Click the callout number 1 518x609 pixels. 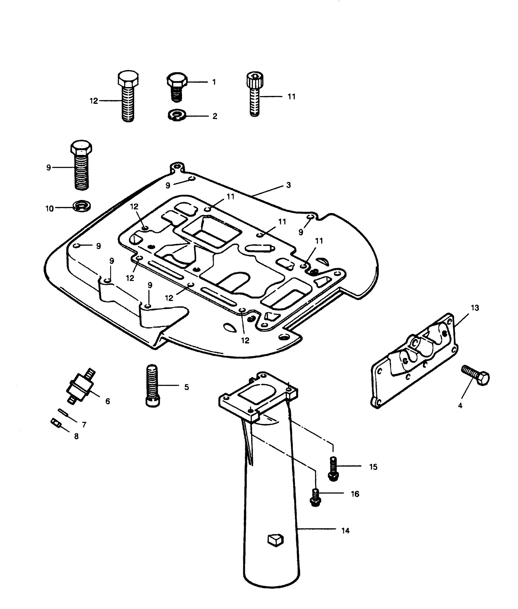point(214,82)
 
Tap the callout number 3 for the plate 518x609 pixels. point(288,185)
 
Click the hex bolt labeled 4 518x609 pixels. point(475,375)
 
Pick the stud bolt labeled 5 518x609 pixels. point(153,385)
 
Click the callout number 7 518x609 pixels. point(84,425)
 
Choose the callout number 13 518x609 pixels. point(475,308)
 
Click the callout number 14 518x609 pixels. point(345,531)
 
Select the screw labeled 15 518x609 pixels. point(333,469)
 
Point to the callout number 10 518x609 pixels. point(50,209)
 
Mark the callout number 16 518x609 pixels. point(355,494)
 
